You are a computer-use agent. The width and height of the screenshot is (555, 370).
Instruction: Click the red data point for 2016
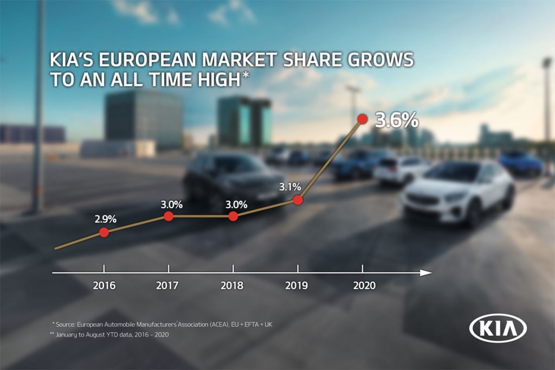(x=104, y=232)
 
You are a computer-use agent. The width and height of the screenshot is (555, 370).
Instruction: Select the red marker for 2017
(x=168, y=216)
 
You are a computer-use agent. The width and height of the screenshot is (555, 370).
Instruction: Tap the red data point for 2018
(x=233, y=216)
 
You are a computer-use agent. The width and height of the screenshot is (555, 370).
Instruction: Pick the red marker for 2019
(x=298, y=200)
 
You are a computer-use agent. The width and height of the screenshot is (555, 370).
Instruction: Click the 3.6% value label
(x=396, y=120)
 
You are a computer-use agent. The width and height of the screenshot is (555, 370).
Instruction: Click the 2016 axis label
(x=104, y=285)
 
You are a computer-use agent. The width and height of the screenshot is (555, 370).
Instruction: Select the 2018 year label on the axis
(x=233, y=285)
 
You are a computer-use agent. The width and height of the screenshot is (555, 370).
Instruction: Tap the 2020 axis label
(x=364, y=285)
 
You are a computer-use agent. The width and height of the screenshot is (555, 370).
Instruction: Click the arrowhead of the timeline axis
(x=427, y=272)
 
